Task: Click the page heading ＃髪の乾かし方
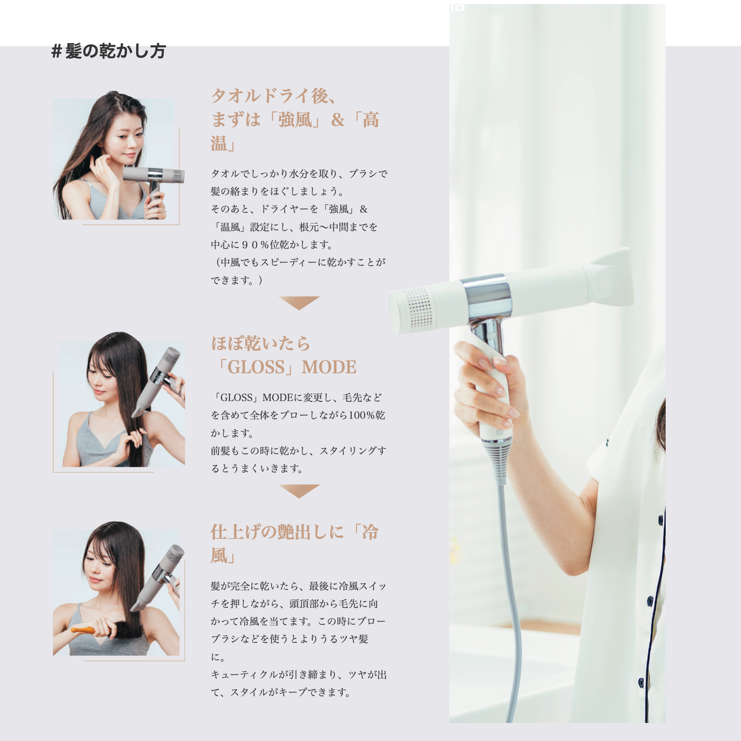[108, 51]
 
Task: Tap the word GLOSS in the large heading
[256, 367]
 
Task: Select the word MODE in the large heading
[329, 367]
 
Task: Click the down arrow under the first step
[299, 302]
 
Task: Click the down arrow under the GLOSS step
[299, 490]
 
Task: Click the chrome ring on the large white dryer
[488, 296]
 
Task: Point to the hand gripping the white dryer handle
[489, 388]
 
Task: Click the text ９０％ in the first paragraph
[255, 245]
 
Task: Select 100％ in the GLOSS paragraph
[361, 415]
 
